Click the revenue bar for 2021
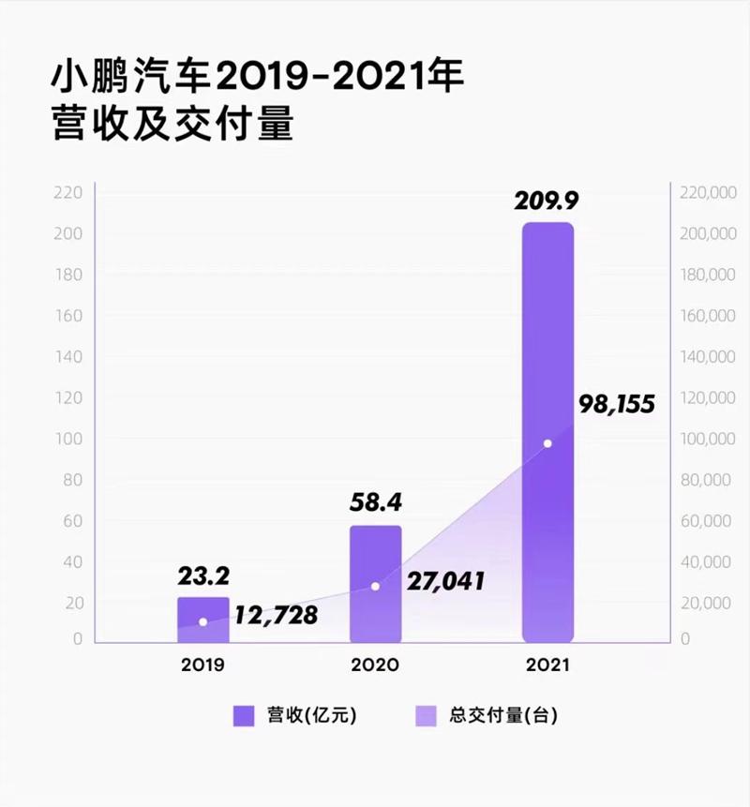click(x=547, y=431)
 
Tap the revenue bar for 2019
click(x=202, y=619)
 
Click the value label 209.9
click(x=547, y=201)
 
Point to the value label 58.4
click(x=375, y=503)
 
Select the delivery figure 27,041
click(x=445, y=581)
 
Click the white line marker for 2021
click(x=547, y=443)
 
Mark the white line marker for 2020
click(x=375, y=586)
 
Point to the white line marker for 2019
click(x=202, y=622)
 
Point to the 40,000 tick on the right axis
click(x=708, y=562)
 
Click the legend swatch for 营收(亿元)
click(x=244, y=716)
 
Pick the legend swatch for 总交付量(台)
click(x=427, y=716)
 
